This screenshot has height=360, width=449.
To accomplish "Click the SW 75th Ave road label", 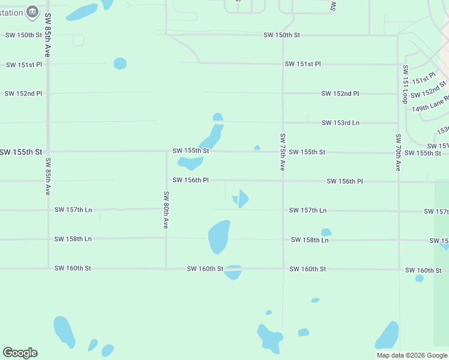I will click(282, 152).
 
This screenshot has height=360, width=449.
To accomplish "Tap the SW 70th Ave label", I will click(397, 152).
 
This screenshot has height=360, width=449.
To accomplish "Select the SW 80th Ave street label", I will click(166, 209).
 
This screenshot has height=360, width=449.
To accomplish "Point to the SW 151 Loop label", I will click(405, 83).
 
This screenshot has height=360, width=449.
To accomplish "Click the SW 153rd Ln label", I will click(340, 123).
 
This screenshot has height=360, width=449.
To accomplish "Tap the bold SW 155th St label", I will click(22, 152).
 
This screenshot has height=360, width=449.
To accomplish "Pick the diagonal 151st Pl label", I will click(423, 79).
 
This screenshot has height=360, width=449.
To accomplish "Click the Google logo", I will click(20, 353).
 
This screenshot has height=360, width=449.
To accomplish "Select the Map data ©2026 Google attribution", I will click(412, 355).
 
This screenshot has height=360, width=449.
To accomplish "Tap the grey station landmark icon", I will click(33, 11).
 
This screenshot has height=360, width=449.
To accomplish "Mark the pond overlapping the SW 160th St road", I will click(233, 272).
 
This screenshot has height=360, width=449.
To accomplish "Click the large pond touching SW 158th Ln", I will click(218, 236).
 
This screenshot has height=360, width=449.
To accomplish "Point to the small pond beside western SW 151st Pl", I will click(120, 63).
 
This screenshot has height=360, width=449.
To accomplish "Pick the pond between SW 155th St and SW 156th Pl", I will click(190, 163).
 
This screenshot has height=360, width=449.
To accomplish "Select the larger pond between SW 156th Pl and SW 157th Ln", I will click(243, 198).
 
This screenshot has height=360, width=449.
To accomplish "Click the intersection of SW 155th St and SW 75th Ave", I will click(282, 152).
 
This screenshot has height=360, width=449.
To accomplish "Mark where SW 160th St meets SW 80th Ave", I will click(166, 268).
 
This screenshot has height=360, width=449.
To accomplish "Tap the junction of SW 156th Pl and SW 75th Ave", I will click(282, 181).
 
